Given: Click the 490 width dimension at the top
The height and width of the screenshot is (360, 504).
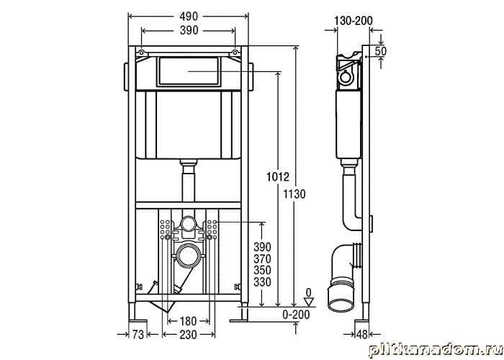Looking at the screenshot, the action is coord(189,16).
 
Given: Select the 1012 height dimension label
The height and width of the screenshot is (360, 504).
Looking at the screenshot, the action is coord(278,176).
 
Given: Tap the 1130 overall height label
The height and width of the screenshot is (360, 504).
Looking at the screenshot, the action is coord(294,194).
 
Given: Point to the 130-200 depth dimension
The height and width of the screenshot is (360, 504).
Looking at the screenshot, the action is coord(354,21).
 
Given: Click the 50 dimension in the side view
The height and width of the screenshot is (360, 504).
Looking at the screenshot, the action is coord(381,51).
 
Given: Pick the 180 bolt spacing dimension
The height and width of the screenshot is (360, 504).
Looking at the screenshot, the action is coord(188,321).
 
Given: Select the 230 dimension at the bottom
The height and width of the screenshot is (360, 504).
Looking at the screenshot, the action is coord(188,335).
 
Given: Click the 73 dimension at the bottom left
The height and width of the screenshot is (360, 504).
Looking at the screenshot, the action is coord(138,335).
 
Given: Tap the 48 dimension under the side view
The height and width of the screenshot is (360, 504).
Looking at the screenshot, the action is coord(362,335).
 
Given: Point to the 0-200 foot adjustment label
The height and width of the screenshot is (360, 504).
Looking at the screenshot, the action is coord(296,315).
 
